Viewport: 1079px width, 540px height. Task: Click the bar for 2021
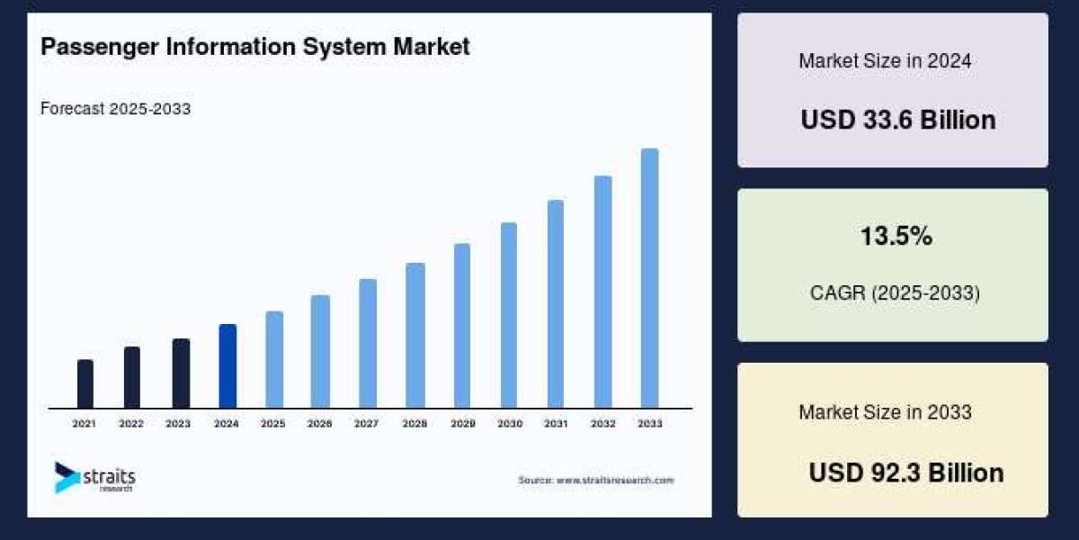pos(85,383)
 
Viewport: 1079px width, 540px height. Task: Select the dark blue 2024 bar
pos(227,365)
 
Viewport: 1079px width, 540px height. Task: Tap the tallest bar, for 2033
pos(649,278)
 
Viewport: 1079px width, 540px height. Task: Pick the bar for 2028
pos(415,335)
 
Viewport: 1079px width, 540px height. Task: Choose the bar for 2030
pos(509,315)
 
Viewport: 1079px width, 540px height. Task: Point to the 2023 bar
pos(181,373)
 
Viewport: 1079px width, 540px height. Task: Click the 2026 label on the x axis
pos(320,423)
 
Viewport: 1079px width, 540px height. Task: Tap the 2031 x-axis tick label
pos(556,423)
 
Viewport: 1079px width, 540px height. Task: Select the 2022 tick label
pos(131,423)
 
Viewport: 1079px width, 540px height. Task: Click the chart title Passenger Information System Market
pos(255,47)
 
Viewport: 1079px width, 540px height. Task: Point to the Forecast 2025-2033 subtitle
pos(116,109)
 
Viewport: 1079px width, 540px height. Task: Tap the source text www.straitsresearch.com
pos(595,481)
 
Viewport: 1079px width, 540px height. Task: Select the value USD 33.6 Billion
pos(897,120)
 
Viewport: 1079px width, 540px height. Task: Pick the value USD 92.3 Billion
pos(905,472)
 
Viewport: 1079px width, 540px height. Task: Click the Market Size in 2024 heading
pos(885,61)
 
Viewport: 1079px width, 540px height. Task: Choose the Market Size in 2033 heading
pos(885,412)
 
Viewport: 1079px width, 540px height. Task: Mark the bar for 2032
pos(602,292)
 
